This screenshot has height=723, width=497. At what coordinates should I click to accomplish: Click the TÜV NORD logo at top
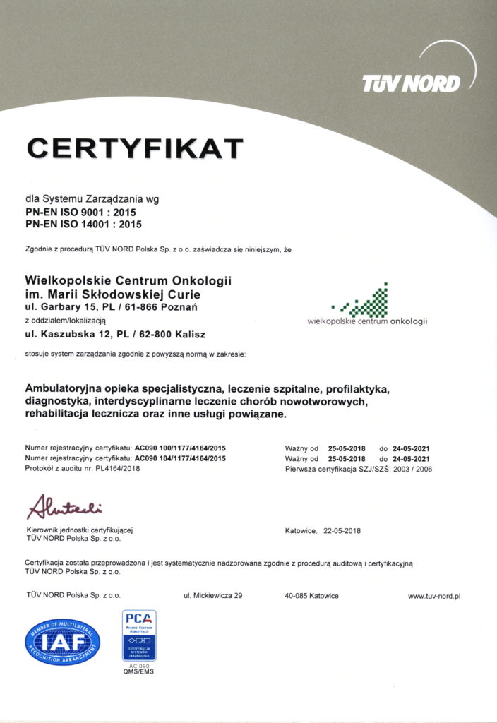click(412, 83)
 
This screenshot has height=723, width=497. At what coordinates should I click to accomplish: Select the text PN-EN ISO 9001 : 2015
click(80, 212)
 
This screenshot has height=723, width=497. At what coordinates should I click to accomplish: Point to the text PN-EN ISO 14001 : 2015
click(83, 225)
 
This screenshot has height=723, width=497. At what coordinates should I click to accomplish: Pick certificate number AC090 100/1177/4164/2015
click(180, 448)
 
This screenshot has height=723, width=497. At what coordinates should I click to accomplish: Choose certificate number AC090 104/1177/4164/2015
click(180, 458)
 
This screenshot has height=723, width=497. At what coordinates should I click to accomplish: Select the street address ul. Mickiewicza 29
click(213, 596)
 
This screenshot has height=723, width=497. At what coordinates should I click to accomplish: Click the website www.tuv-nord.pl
click(434, 596)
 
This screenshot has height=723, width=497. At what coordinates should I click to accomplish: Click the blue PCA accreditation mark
click(139, 634)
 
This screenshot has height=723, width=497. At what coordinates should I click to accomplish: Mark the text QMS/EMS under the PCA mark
click(139, 671)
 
